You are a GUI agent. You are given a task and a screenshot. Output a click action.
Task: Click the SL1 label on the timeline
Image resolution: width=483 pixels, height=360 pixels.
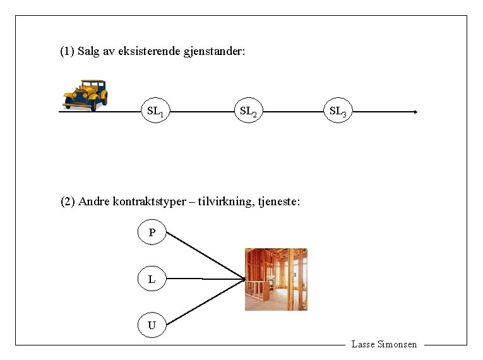click(x=155, y=112)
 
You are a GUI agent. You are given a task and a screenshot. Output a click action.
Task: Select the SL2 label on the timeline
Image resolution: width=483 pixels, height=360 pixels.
click(x=247, y=112)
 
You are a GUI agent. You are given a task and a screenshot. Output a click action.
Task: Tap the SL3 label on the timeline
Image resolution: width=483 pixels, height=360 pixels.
click(x=337, y=112)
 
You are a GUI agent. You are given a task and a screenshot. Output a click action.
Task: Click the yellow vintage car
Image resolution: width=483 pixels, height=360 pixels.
click(x=85, y=95)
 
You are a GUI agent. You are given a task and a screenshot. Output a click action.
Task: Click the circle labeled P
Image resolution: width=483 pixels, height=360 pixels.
click(x=152, y=233)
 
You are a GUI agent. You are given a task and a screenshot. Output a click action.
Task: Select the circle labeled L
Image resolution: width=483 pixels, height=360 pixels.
click(x=152, y=279)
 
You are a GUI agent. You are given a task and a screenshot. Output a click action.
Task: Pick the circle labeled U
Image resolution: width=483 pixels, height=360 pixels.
click(x=152, y=325)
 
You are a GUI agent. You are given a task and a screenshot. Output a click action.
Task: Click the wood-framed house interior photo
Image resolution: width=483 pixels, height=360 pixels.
click(x=276, y=279)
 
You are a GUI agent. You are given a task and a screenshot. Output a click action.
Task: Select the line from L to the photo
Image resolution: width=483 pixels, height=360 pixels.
click(x=205, y=279)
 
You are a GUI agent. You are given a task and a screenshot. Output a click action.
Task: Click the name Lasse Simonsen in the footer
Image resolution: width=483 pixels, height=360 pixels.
click(x=384, y=344)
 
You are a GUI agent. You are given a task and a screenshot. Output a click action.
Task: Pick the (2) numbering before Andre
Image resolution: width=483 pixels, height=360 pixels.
click(x=68, y=202)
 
